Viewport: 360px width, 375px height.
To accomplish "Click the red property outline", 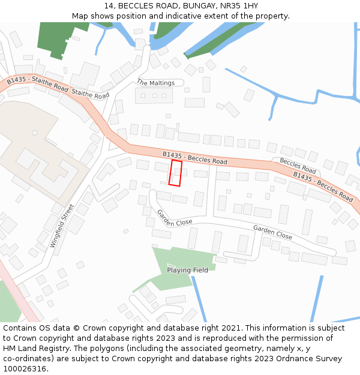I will tap(175, 173).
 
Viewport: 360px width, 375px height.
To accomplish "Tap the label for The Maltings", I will tap(155, 83).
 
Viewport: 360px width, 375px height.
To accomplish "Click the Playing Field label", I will tap(187, 270).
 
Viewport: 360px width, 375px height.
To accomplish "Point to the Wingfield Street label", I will tap(62, 226).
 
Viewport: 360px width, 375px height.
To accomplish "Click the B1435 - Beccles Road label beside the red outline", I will tap(194, 158).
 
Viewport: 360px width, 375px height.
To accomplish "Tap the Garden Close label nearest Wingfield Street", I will tap(175, 218).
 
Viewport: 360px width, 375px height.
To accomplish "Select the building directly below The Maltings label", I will tap(154, 95).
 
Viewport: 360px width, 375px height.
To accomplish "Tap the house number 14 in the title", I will tap(108, 6).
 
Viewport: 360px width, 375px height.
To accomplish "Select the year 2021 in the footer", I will tap(230, 328).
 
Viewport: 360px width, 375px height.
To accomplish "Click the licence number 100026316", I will tap(25, 369).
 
